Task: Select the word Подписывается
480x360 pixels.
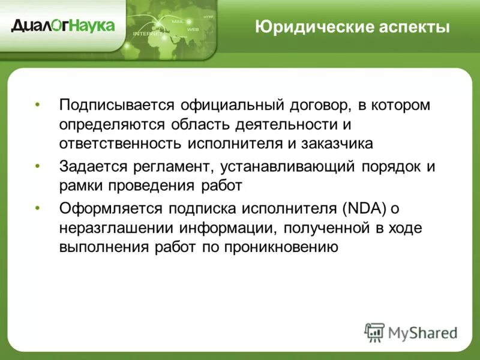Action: tap(114, 105)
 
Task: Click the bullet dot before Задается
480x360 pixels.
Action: tap(38, 166)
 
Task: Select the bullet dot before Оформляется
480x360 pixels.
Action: tap(38, 208)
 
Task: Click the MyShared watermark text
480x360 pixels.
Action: tap(422, 332)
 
